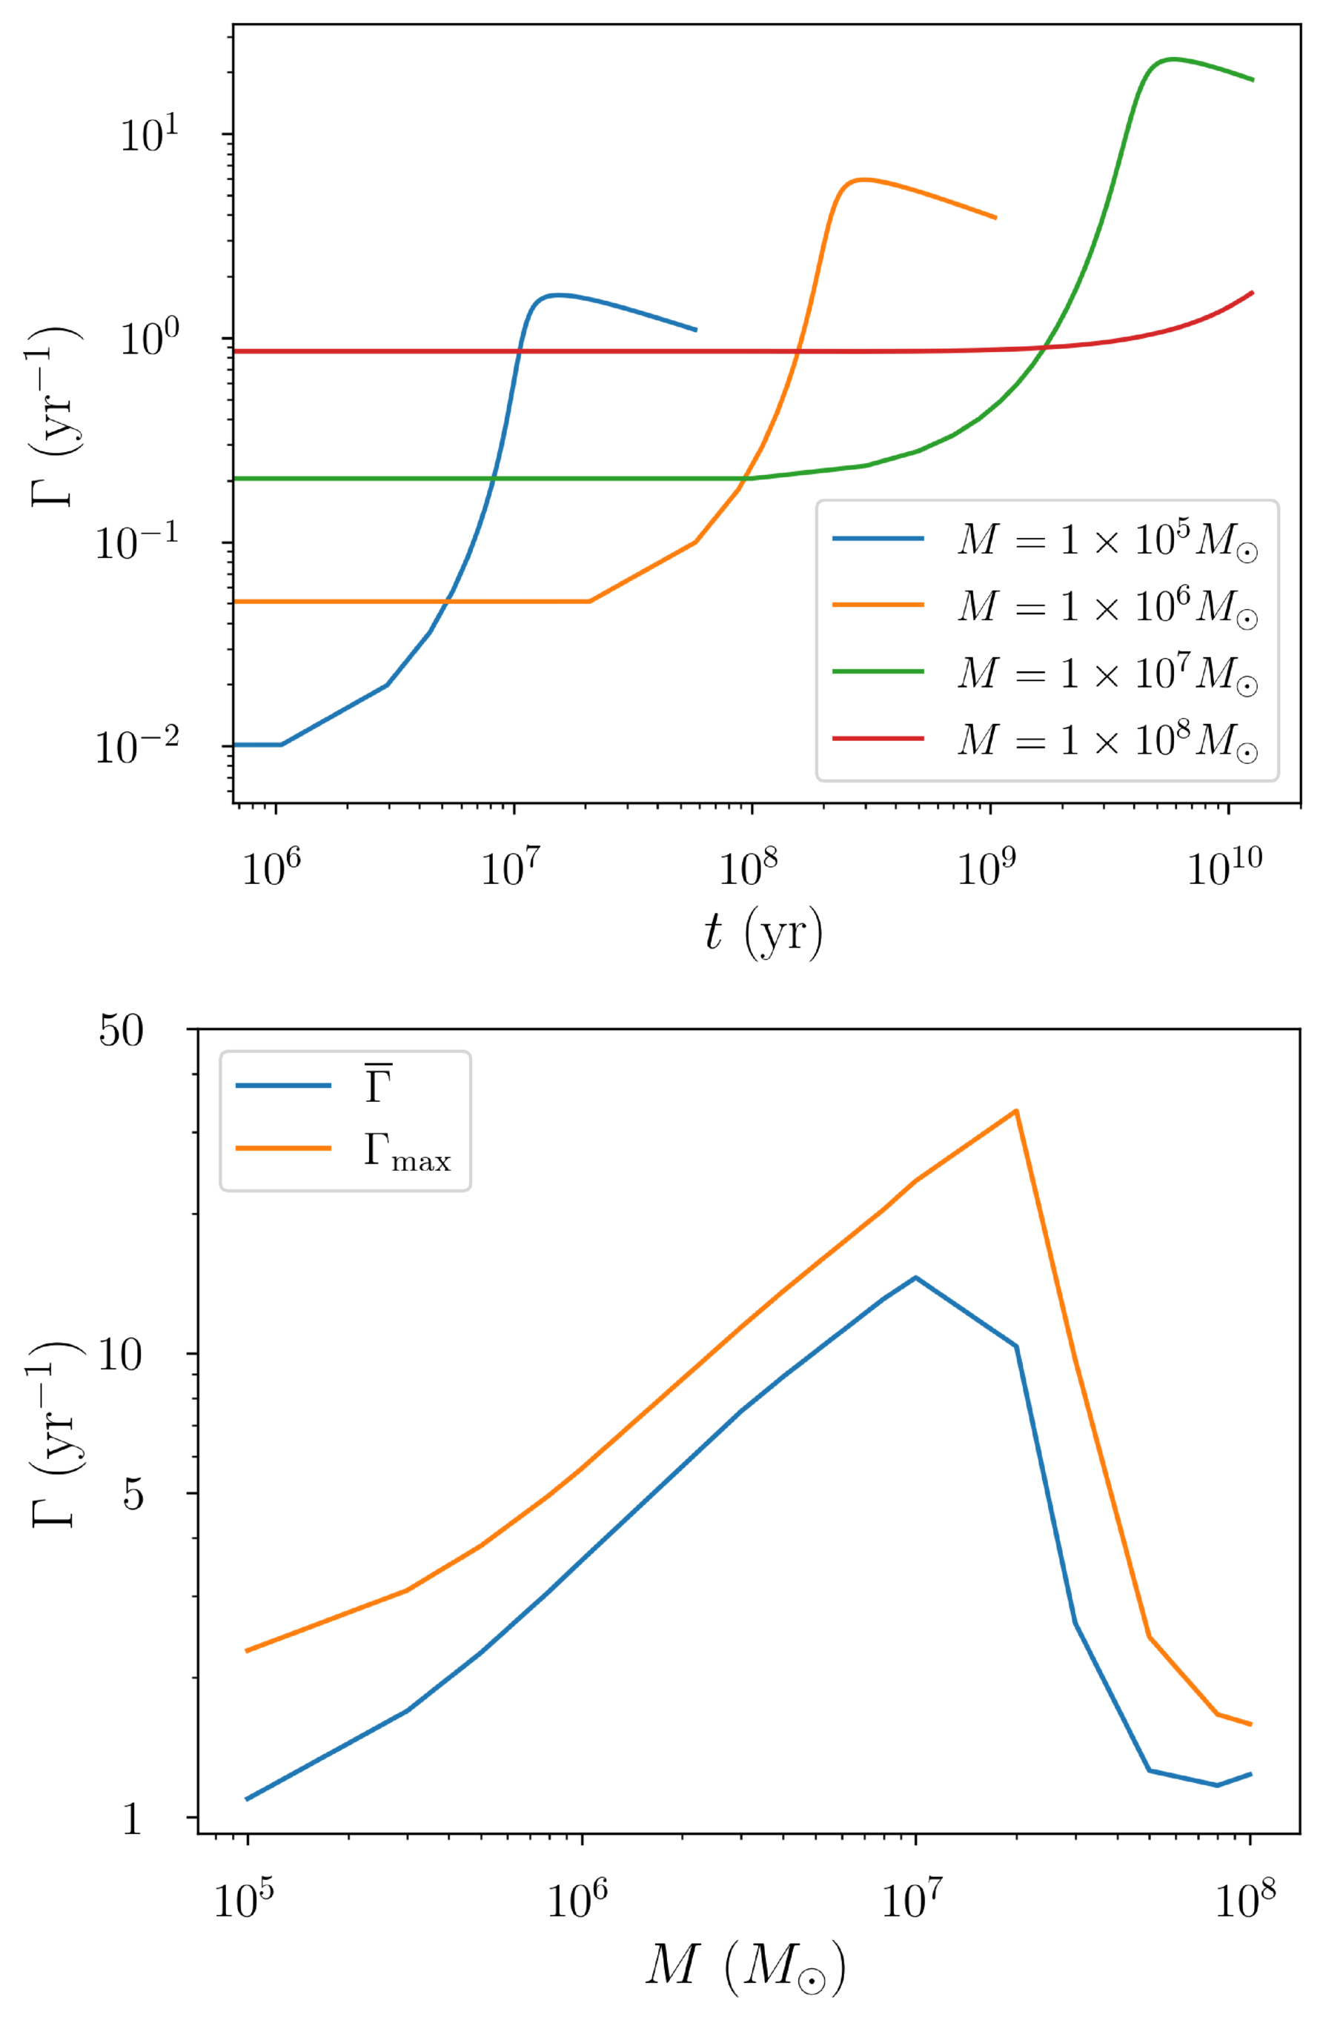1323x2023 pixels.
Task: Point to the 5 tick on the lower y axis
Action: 133,1495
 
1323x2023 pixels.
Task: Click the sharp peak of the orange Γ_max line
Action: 1015,1111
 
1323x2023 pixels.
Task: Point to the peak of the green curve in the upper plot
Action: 1173,59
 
